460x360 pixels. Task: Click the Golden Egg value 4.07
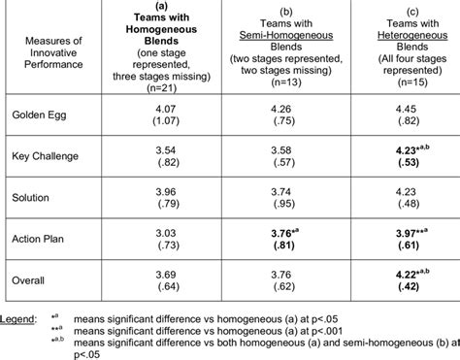(164, 109)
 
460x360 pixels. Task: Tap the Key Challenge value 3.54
(164, 149)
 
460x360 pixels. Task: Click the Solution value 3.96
(164, 190)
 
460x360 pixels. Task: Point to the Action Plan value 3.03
(164, 231)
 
